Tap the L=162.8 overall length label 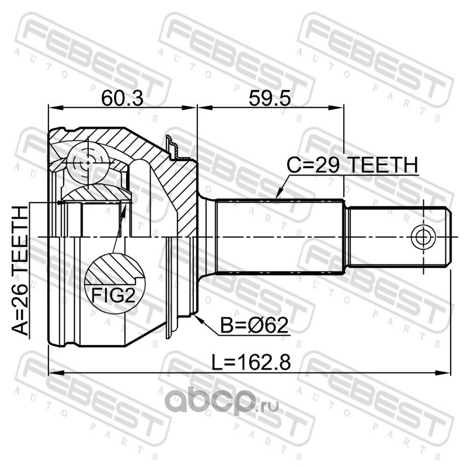(x=251, y=362)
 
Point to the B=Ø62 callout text (x=255, y=325)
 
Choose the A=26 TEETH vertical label (x=20, y=271)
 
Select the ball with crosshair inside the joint (x=88, y=163)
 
